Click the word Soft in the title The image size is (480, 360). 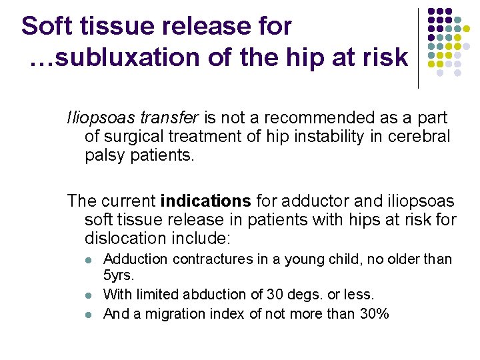click(46, 27)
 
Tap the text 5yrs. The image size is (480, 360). click(120, 274)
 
